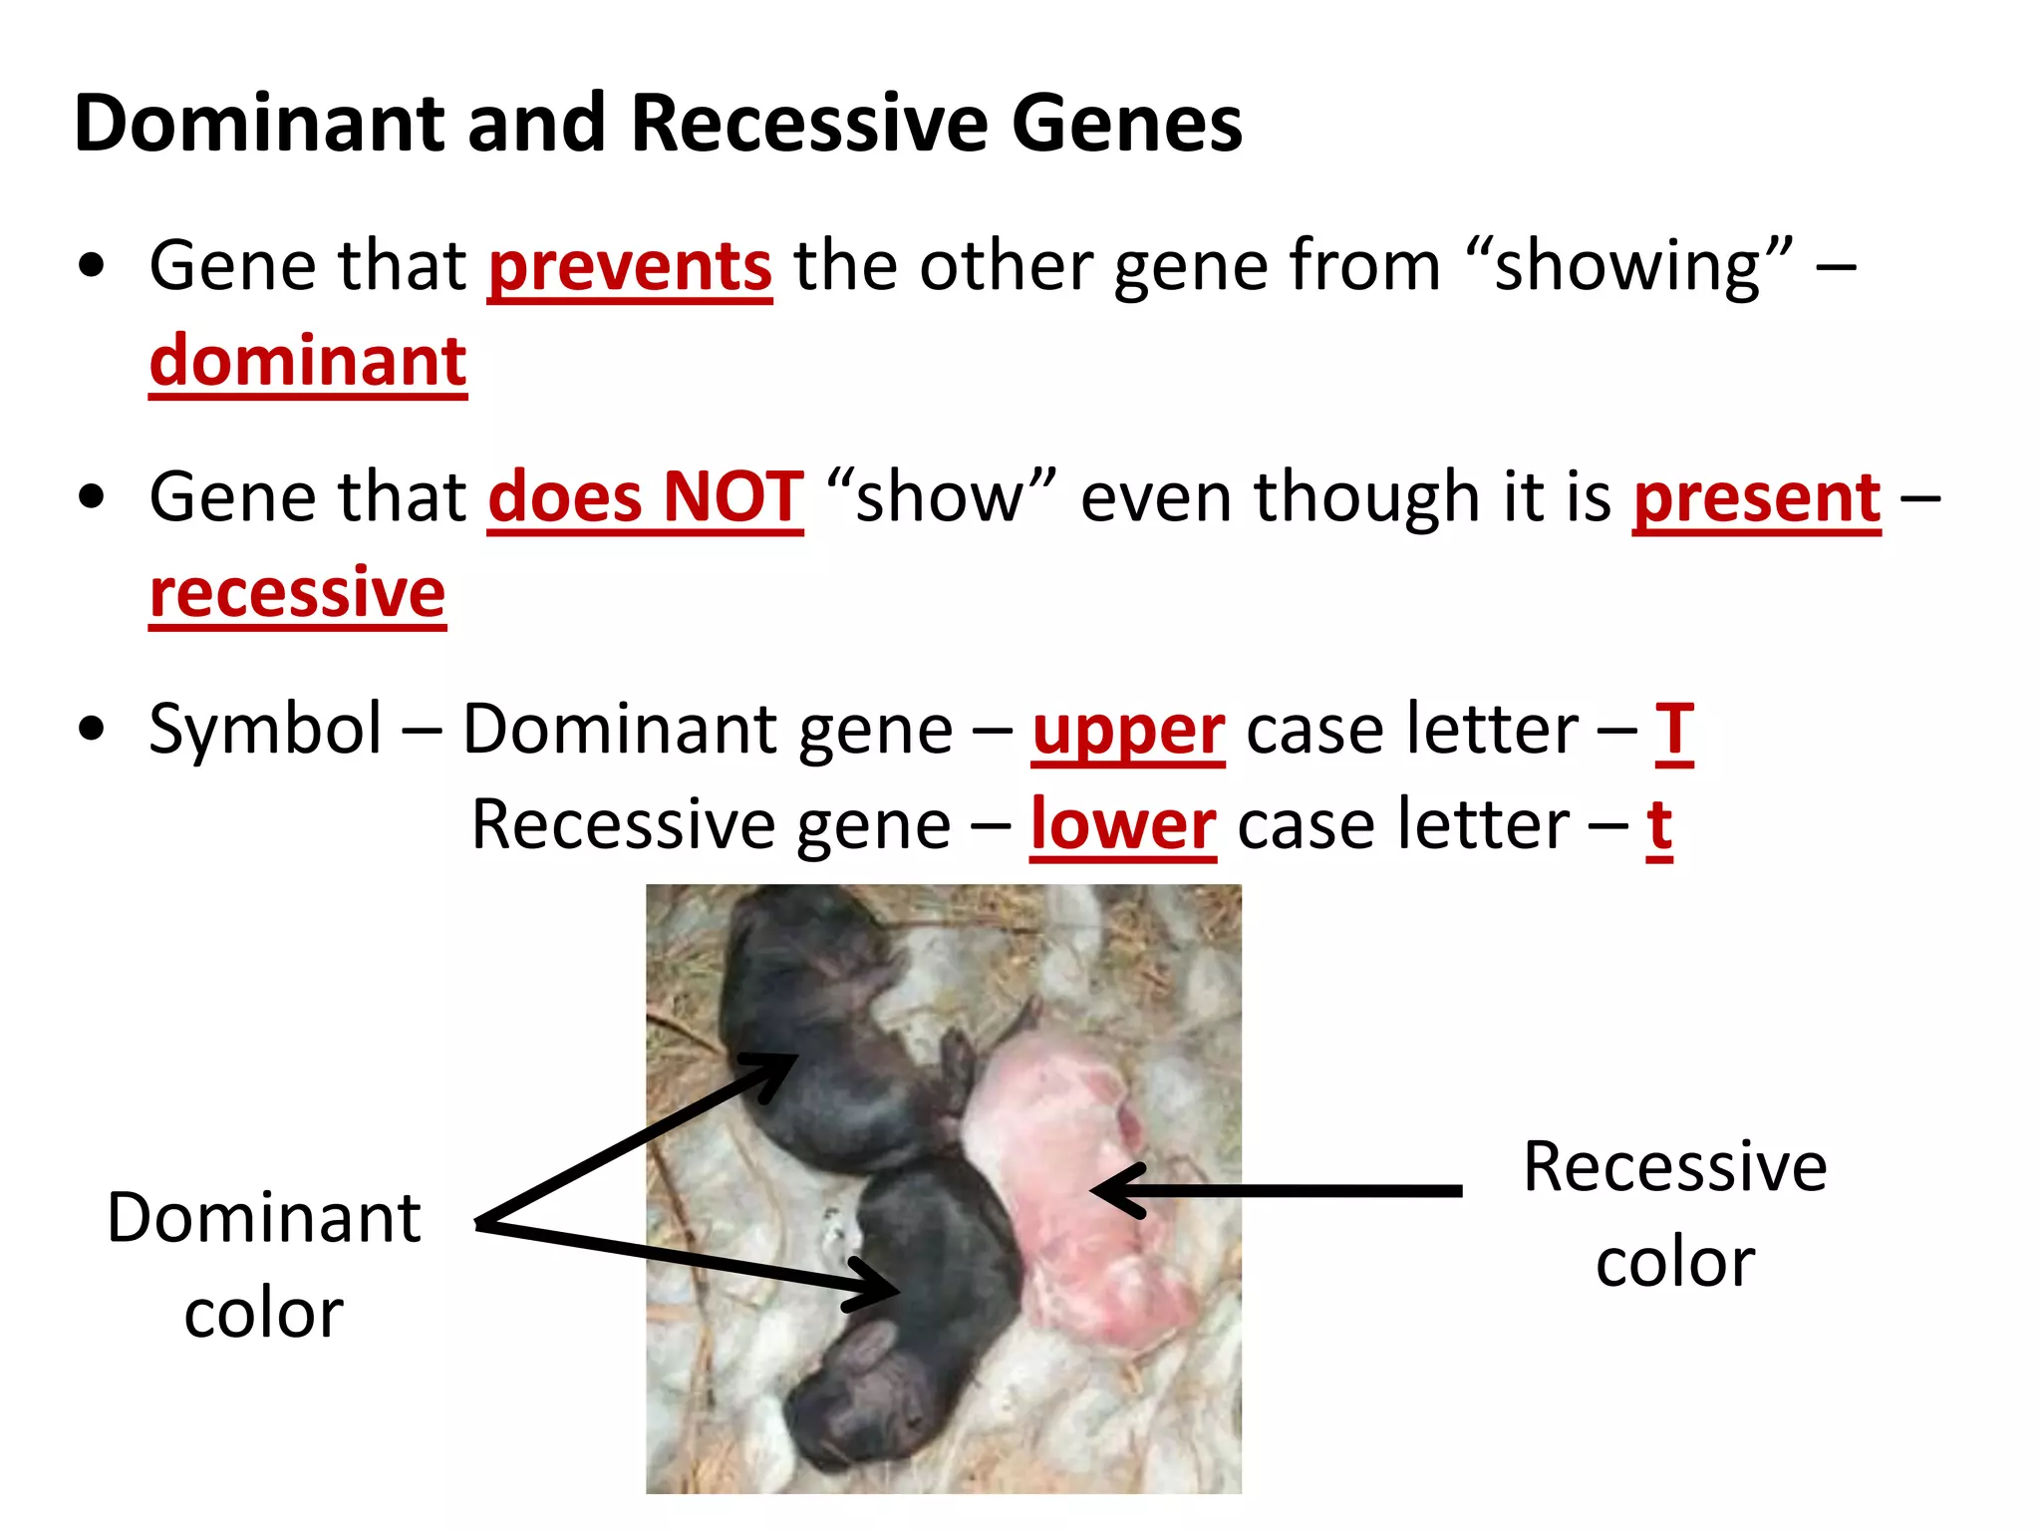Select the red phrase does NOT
pos(645,497)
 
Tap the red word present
pos(1756,497)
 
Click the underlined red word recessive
pos(297,593)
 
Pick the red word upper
pos(1127,731)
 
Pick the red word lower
pos(1122,825)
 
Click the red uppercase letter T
pos(1674,731)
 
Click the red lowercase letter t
pos(1658,825)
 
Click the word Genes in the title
pos(1126,124)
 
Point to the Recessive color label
pos(1674,1213)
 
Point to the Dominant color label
pos(263,1264)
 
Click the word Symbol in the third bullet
pos(265,729)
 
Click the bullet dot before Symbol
pos(91,729)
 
